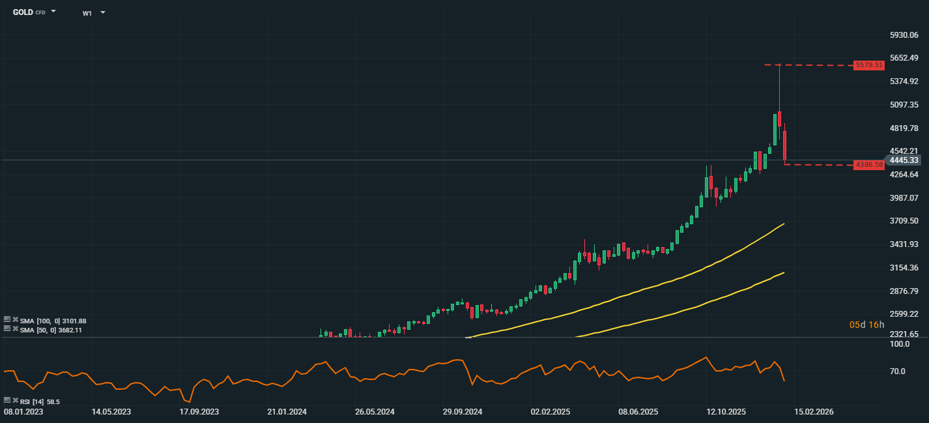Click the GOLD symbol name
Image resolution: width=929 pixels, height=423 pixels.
point(23,12)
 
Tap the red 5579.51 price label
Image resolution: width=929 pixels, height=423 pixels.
point(869,65)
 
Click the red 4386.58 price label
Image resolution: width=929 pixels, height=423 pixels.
point(869,165)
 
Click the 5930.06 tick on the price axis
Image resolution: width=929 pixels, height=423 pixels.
point(904,35)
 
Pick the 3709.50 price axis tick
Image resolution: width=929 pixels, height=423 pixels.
point(904,221)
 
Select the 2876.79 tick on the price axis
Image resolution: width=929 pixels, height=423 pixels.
point(904,291)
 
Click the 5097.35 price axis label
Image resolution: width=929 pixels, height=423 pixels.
point(904,104)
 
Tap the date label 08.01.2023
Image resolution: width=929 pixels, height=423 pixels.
point(24,412)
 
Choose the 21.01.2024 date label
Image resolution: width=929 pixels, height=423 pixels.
point(287,412)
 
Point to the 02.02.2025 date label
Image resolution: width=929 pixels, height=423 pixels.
point(550,412)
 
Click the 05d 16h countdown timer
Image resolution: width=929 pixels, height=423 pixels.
point(866,325)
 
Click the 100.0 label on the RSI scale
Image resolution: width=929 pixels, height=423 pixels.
point(900,344)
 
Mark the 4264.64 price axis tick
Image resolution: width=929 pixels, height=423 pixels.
point(904,175)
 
